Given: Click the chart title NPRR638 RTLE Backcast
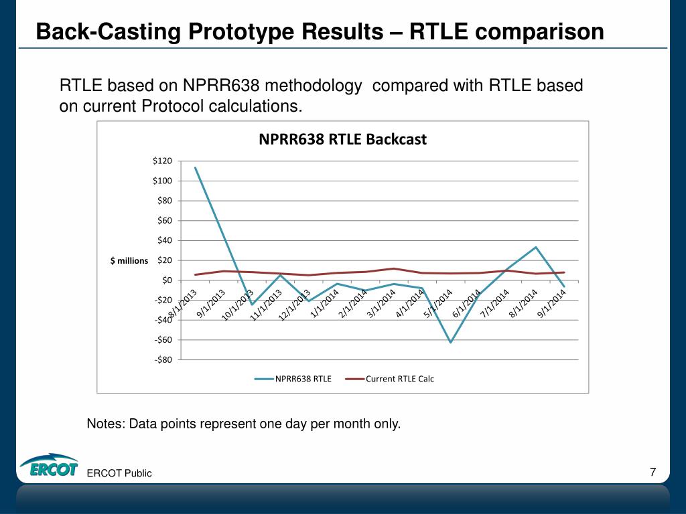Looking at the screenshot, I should point(342,139).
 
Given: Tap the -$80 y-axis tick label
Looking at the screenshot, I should point(163,360).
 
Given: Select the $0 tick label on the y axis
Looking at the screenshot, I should point(166,280).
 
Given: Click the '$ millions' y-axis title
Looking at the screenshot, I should point(129,260).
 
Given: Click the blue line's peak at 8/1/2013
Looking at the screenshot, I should point(195,167).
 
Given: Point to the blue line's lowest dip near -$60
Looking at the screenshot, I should point(451,342).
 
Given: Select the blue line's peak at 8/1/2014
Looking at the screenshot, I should point(536,247).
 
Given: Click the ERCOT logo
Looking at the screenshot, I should point(49,467).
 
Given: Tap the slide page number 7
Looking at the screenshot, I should point(653,473).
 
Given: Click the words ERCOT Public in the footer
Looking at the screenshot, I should point(119,473).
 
